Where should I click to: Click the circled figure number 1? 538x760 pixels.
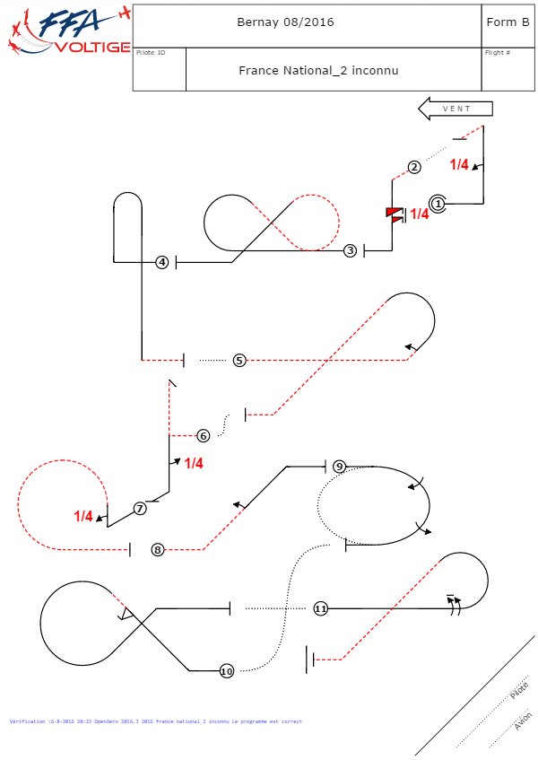click(x=438, y=204)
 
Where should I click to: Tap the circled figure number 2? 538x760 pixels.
click(x=414, y=167)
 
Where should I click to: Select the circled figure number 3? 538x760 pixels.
click(x=351, y=250)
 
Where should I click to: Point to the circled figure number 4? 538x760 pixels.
click(x=162, y=262)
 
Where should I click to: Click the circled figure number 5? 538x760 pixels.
click(x=239, y=360)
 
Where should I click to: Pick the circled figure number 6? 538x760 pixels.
click(x=204, y=436)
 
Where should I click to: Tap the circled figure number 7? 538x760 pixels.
click(x=140, y=509)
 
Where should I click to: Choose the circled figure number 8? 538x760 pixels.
click(x=158, y=550)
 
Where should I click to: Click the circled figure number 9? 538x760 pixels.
click(x=339, y=467)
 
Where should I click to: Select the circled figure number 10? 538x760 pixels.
click(x=226, y=671)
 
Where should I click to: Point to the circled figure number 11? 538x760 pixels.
click(x=321, y=608)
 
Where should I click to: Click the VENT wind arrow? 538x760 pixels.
click(x=457, y=109)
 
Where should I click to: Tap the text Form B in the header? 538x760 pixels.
click(x=507, y=22)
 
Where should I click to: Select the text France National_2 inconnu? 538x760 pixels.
click(x=318, y=70)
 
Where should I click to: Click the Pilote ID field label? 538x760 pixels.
click(x=151, y=53)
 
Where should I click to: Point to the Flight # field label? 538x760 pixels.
click(x=498, y=53)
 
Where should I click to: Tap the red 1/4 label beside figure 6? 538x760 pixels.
click(x=194, y=464)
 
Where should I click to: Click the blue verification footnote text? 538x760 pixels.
click(x=155, y=721)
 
